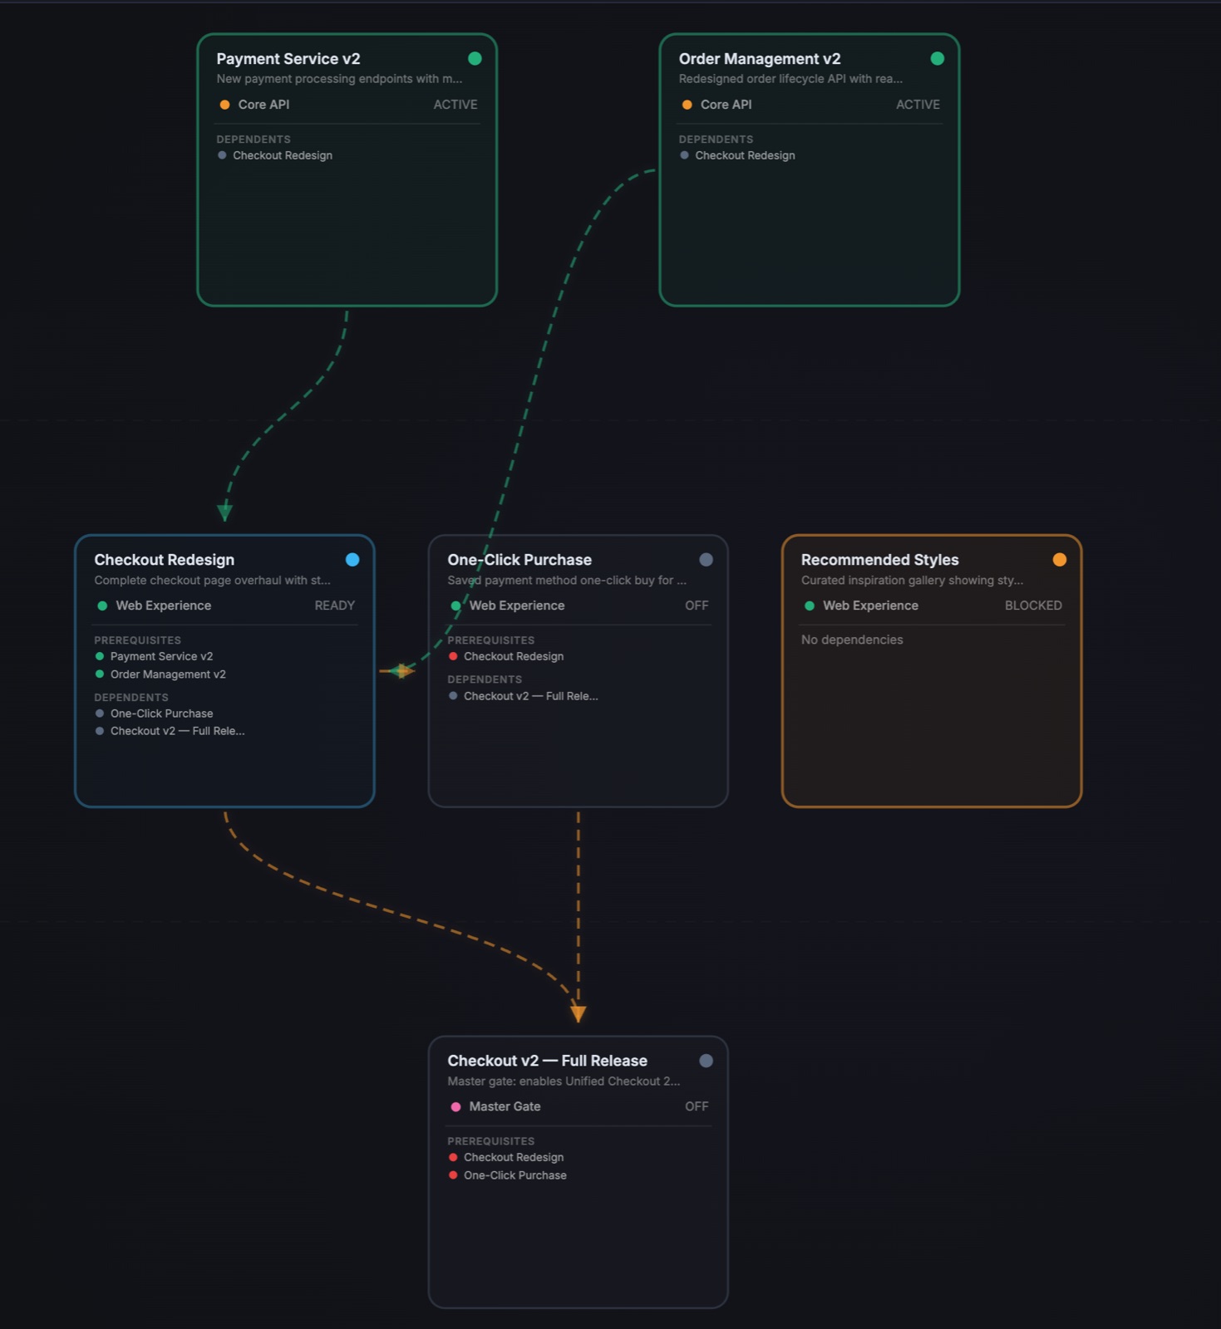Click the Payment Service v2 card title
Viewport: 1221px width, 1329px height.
click(288, 59)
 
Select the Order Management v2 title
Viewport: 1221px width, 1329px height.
click(760, 59)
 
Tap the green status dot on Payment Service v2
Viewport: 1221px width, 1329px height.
click(475, 58)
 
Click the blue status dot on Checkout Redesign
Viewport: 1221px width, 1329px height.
click(352, 560)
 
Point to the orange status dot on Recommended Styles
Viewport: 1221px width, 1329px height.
click(1059, 560)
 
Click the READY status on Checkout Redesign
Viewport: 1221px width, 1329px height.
click(335, 606)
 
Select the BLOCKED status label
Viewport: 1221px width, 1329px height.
click(1033, 606)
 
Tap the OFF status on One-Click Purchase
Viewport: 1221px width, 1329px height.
click(697, 606)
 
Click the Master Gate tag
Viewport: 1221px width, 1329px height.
click(505, 1106)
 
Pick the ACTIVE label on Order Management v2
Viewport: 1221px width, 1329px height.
click(918, 105)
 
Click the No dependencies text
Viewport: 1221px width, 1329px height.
click(852, 640)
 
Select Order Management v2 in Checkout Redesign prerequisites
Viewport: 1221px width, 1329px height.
click(168, 674)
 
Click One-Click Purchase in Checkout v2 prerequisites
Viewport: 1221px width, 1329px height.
click(515, 1175)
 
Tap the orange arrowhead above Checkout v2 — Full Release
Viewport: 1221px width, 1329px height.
click(578, 1013)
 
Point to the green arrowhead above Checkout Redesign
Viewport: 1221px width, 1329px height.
click(224, 512)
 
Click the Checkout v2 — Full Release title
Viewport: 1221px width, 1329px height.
click(547, 1061)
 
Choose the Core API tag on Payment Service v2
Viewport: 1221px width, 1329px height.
click(263, 105)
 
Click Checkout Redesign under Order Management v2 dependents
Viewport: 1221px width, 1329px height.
click(745, 155)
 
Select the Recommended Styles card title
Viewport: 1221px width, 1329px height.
click(879, 560)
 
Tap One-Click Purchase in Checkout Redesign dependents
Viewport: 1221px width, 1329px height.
click(161, 714)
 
